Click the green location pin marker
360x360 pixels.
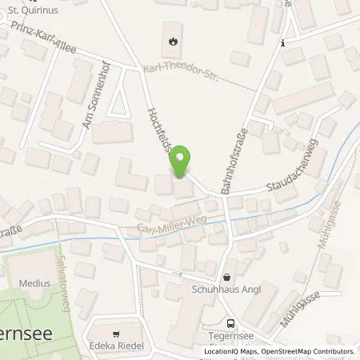182,162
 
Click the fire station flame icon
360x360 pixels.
174,38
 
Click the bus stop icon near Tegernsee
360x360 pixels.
230,324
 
